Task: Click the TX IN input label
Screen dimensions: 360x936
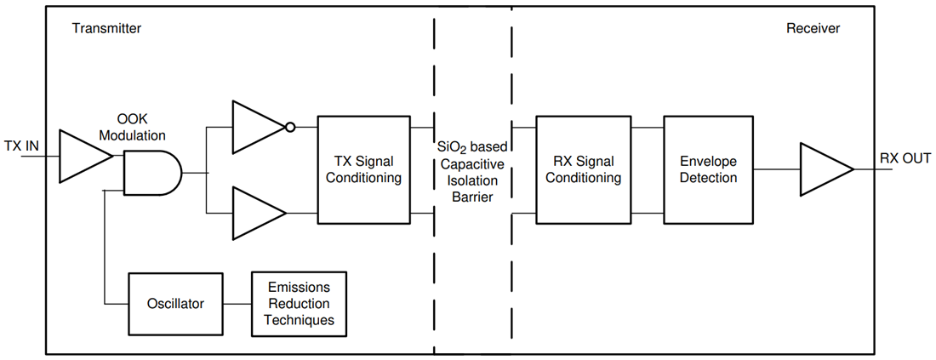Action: point(20,146)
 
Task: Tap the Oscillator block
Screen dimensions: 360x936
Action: point(175,303)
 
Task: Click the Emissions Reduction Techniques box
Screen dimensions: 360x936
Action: point(299,303)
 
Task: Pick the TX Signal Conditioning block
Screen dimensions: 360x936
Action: point(363,169)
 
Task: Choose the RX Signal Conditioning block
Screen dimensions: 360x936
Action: point(583,169)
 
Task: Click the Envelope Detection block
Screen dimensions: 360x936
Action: point(709,169)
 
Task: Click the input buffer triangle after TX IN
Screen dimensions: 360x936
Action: point(82,157)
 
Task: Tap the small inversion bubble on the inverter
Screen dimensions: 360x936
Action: point(290,128)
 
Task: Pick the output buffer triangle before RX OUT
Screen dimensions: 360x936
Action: point(822,169)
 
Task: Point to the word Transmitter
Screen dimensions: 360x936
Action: point(106,28)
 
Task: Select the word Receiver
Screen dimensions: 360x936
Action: point(813,28)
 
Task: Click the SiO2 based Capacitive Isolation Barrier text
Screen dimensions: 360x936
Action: point(472,170)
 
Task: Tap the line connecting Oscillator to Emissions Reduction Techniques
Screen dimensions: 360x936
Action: point(237,303)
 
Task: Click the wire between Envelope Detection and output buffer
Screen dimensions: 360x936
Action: point(776,169)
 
